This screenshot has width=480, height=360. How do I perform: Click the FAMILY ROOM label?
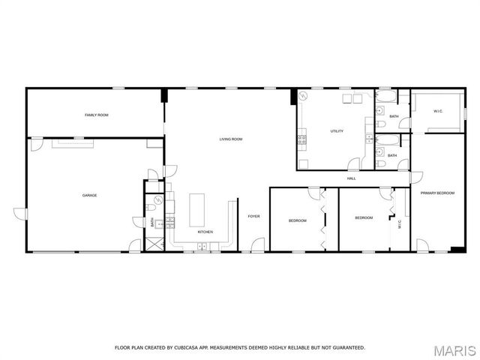pos(96,115)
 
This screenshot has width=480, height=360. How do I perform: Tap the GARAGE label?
pos(89,196)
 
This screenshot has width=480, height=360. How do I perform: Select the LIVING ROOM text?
pos(230,139)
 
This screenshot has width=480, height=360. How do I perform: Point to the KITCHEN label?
pos(205,232)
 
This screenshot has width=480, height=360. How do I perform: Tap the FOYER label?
pos(253,217)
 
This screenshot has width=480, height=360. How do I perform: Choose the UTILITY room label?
pos(337,131)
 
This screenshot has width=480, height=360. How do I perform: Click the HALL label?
pos(351,178)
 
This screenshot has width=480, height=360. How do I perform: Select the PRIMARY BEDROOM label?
pos(437,193)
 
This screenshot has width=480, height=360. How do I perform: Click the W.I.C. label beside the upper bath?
pos(438,112)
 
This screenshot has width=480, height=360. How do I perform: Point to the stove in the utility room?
pos(302,139)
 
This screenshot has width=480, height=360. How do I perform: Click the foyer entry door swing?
pos(257,244)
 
